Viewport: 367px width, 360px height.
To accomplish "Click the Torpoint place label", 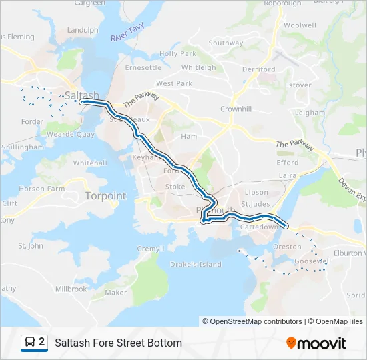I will click(x=105, y=196).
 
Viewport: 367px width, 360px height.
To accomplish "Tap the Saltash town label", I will click(x=81, y=95).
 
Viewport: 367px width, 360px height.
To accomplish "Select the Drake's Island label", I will click(x=196, y=265).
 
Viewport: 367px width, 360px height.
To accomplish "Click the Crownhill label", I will click(x=236, y=109).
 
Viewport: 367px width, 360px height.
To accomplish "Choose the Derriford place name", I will click(x=259, y=69).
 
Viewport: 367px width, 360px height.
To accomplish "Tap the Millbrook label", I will click(x=71, y=289).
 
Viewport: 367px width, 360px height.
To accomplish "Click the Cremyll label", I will click(x=150, y=249).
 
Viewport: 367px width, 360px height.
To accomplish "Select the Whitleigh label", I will click(x=198, y=67).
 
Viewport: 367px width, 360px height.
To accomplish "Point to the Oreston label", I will click(x=288, y=247).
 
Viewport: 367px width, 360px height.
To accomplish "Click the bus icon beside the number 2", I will click(x=29, y=343).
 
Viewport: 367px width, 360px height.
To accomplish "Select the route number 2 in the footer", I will click(x=42, y=342).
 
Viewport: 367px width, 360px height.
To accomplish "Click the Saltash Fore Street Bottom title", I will click(x=118, y=343).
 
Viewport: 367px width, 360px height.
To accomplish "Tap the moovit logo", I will click(x=316, y=343).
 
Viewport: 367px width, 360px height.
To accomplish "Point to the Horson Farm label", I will click(x=41, y=189).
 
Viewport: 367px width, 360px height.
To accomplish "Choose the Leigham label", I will click(x=309, y=113).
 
